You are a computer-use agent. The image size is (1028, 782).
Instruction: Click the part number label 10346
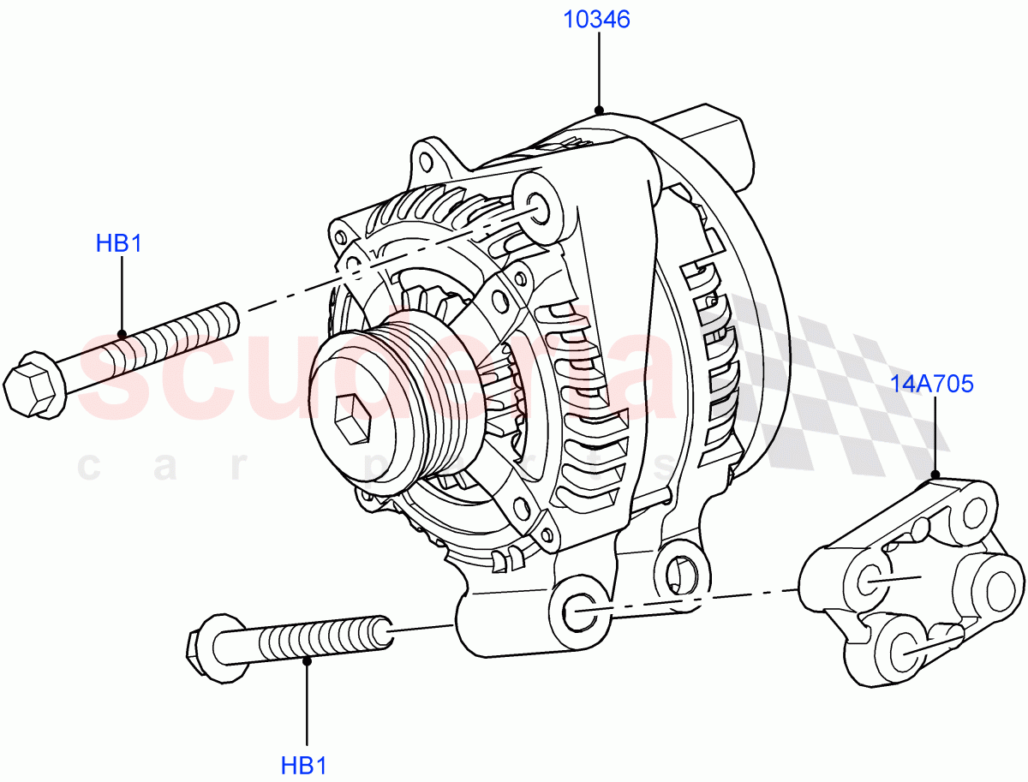point(596,19)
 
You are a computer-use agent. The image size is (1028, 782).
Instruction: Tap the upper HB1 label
point(118,243)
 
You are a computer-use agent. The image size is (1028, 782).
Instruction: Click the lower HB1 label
point(303,765)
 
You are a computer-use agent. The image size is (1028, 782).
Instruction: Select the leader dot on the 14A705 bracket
point(935,474)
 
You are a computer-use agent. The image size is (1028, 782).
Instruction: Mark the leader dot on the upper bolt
point(122,334)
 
